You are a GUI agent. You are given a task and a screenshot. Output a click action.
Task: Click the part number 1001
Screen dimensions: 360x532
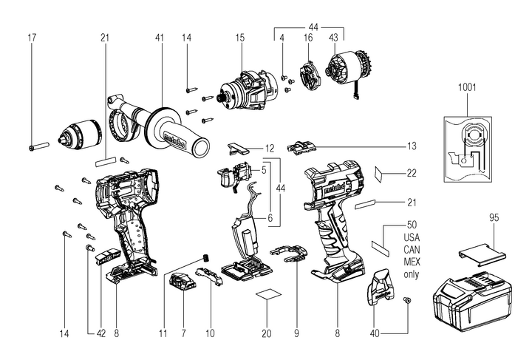click(x=467, y=86)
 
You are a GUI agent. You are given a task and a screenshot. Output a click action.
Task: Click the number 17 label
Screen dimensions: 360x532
click(x=31, y=37)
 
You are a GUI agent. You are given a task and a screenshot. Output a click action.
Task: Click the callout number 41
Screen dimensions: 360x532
click(x=160, y=37)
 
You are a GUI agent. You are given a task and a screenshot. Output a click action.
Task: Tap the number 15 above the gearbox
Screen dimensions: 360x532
click(x=239, y=37)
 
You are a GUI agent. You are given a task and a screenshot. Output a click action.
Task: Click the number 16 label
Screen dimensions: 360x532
click(x=307, y=37)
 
